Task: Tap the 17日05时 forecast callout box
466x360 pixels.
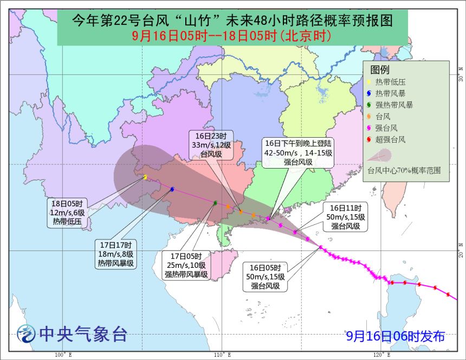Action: pyautogui.click(x=186, y=265)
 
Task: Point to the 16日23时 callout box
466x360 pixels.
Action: pyautogui.click(x=211, y=145)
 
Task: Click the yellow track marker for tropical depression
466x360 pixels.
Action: pyautogui.click(x=145, y=177)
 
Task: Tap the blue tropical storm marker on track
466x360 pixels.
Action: pyautogui.click(x=172, y=189)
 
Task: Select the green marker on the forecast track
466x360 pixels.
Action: pyautogui.click(x=215, y=203)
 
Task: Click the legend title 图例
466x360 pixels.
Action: pyautogui.click(x=379, y=69)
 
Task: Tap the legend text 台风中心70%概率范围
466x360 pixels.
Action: pyautogui.click(x=404, y=170)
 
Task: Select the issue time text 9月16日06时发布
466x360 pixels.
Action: pyautogui.click(x=396, y=336)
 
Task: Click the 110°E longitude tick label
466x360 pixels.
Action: pyautogui.click(x=219, y=355)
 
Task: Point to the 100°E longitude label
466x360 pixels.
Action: pyautogui.click(x=60, y=355)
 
